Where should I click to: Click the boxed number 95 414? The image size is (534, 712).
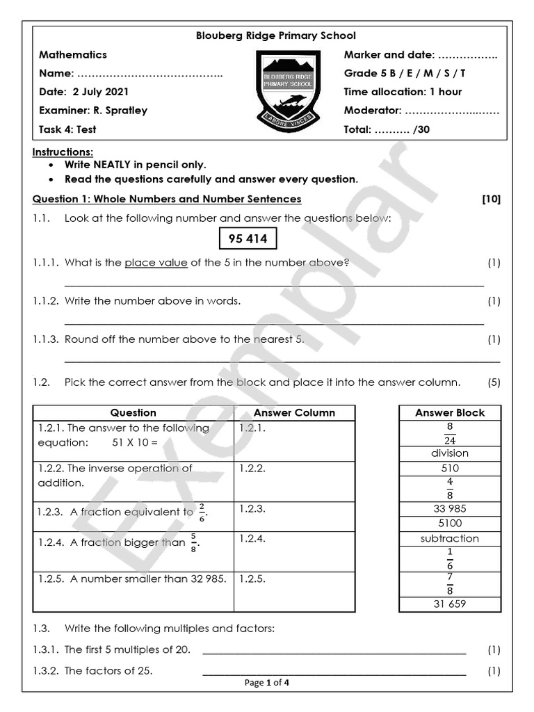point(248,239)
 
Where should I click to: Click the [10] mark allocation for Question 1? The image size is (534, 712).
point(491,199)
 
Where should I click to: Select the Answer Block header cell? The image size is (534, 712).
point(450,412)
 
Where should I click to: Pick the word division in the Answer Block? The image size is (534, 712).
point(450,453)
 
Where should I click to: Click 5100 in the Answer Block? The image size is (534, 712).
point(450,523)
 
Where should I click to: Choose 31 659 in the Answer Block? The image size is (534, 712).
point(450,604)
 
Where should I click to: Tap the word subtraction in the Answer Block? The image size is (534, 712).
point(450,538)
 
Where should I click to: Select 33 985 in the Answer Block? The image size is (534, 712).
point(450,508)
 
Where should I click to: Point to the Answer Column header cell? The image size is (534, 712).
point(294,412)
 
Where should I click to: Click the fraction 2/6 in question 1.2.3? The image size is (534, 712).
point(202,512)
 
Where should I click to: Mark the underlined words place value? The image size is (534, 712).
point(156,263)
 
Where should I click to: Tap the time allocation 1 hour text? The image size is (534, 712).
point(403,92)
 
